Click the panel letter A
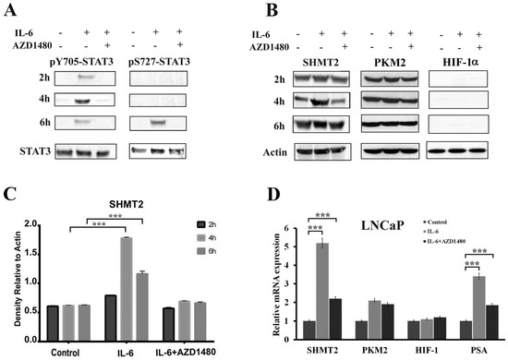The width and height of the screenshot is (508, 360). (11, 10)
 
